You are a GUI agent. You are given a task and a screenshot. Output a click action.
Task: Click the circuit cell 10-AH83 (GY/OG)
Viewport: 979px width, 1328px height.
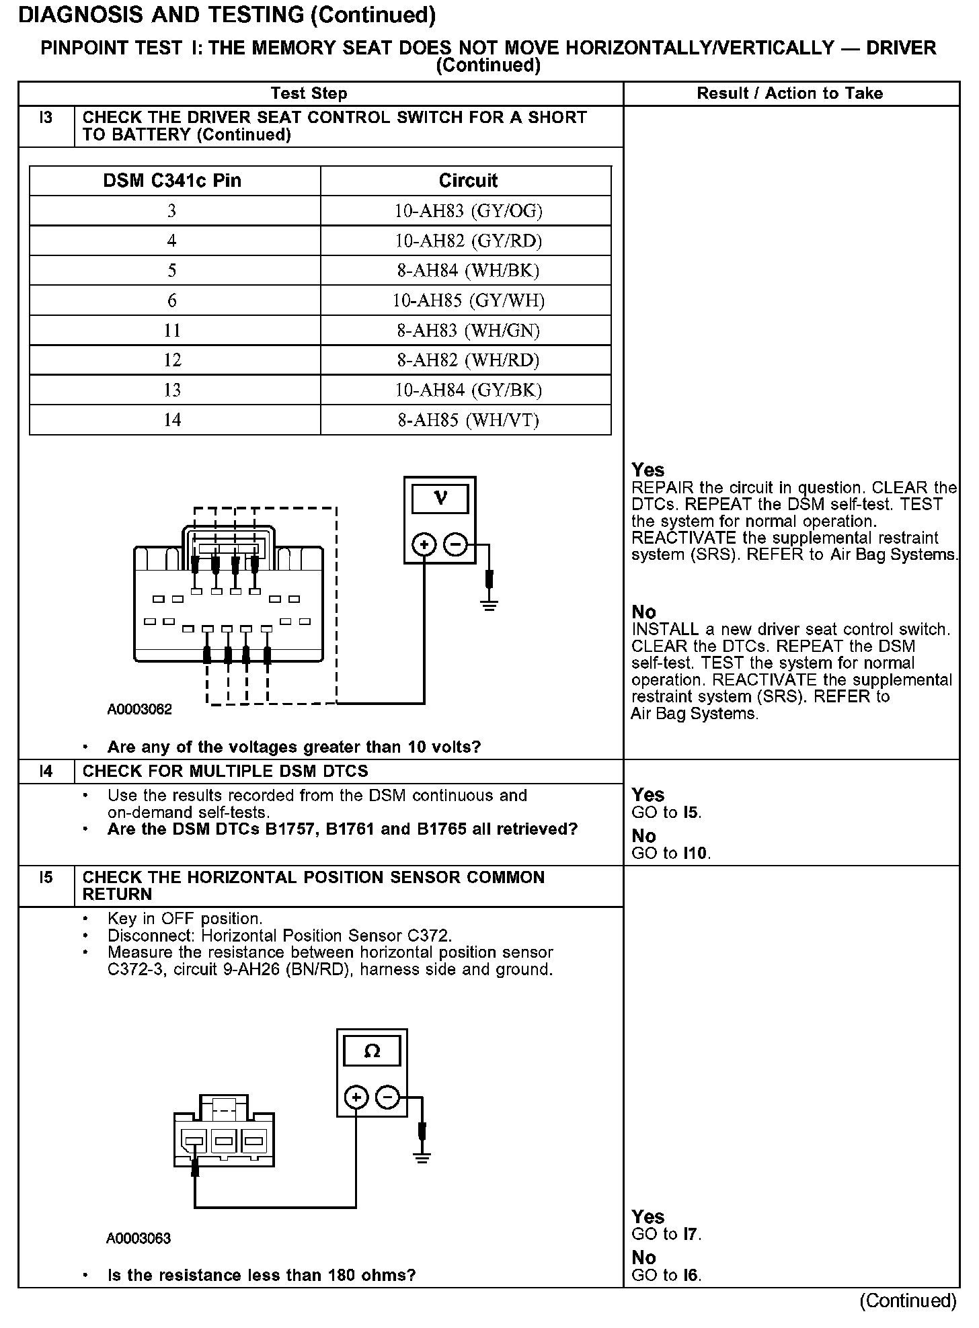click(x=468, y=211)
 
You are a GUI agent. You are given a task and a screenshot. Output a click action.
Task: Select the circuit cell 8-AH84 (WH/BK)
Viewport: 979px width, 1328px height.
click(x=468, y=271)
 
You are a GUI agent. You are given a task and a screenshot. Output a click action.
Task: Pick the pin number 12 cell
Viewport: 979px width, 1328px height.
click(x=173, y=360)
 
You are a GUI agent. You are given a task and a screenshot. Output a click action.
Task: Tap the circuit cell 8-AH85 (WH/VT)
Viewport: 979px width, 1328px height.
click(x=468, y=420)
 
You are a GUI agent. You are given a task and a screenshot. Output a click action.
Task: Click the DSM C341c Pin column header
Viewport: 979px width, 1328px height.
click(x=172, y=181)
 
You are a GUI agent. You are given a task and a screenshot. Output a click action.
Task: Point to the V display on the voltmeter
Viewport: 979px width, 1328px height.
click(x=440, y=498)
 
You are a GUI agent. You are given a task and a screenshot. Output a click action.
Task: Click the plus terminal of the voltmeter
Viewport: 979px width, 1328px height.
click(x=424, y=544)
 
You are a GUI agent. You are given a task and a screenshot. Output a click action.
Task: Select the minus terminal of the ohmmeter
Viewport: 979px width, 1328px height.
click(x=387, y=1098)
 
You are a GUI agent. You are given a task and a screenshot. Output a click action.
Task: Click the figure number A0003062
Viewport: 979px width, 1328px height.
click(x=139, y=710)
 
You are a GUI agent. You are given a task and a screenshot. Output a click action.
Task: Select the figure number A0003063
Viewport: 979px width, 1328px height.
click(x=139, y=1238)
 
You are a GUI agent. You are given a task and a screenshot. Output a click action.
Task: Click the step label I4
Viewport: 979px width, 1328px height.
click(x=46, y=772)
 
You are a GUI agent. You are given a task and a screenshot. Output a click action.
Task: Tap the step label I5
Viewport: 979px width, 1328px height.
click(x=46, y=878)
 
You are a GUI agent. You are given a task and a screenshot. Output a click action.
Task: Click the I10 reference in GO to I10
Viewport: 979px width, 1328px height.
click(x=696, y=854)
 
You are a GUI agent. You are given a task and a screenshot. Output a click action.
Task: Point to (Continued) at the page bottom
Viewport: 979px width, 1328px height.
click(x=908, y=1300)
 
